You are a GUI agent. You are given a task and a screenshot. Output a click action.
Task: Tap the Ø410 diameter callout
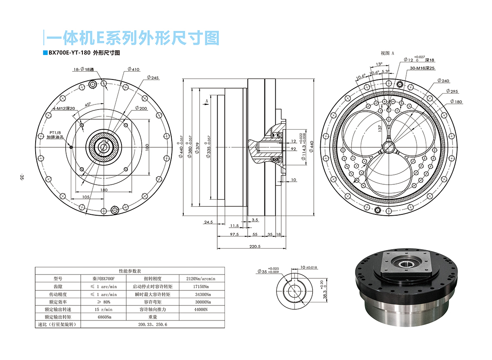(x=134, y=69)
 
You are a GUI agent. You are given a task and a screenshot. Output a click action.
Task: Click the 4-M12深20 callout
(x=64, y=109)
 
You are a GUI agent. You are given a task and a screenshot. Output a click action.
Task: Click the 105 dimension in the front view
(x=85, y=197)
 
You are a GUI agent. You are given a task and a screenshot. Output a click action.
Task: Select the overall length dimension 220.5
(x=255, y=246)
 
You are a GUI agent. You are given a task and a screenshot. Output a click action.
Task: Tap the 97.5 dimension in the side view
(x=234, y=234)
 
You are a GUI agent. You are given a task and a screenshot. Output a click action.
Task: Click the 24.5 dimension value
(x=208, y=222)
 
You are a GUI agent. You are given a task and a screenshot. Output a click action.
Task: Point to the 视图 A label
(x=387, y=53)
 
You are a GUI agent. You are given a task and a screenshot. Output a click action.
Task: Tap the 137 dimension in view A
(x=380, y=128)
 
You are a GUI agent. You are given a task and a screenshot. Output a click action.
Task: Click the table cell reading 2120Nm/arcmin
(x=201, y=278)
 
